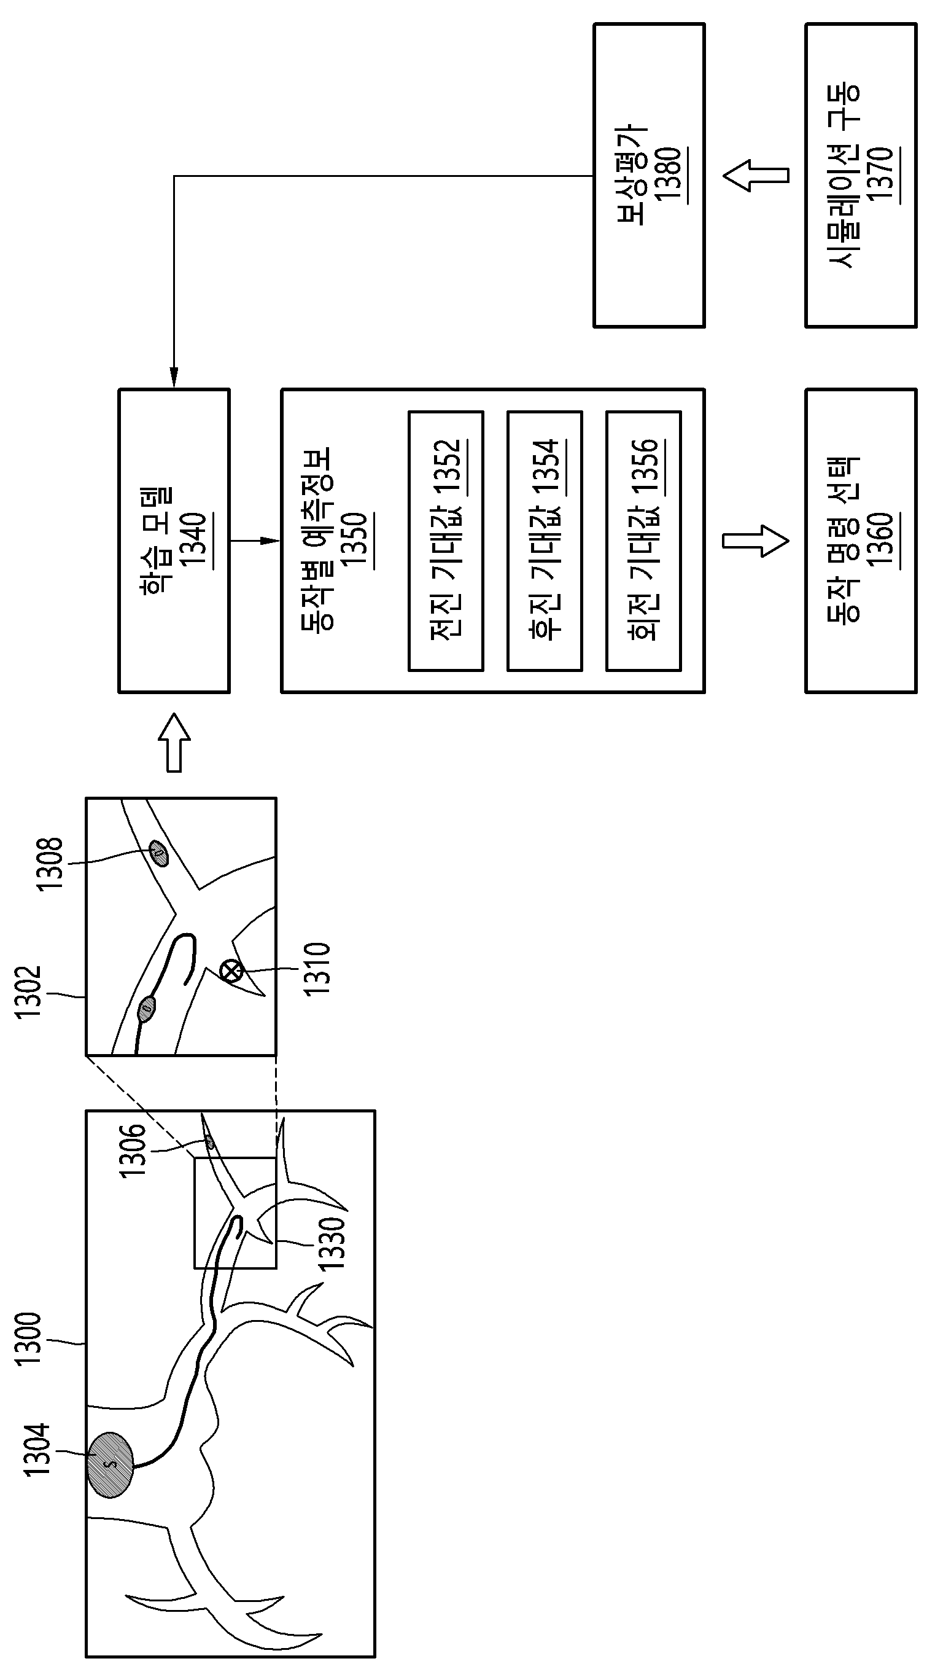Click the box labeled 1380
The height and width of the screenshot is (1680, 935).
[649, 175]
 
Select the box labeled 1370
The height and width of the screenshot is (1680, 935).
[861, 175]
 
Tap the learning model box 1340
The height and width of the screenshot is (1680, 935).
[174, 541]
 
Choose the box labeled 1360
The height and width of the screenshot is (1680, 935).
[861, 541]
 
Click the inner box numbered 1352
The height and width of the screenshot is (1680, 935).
[446, 541]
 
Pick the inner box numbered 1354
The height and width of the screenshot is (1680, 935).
[545, 541]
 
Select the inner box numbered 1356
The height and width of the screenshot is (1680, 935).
[643, 541]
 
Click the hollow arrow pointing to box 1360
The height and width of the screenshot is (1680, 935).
[756, 541]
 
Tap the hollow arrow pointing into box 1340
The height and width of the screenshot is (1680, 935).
[174, 743]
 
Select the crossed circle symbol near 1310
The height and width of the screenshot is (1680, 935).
[231, 971]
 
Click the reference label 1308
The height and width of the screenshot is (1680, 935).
[50, 864]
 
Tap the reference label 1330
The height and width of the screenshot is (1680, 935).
[332, 1244]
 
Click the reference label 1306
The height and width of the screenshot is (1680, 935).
[133, 1150]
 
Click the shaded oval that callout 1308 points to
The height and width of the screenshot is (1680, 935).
[158, 853]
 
